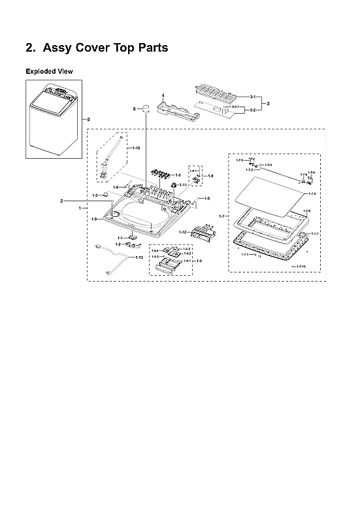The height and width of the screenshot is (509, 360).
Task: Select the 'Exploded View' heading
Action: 49,71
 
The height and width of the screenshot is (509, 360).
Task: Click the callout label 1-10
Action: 135,148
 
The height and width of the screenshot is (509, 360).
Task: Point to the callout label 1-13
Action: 139,257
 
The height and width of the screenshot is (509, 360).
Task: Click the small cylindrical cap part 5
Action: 147,108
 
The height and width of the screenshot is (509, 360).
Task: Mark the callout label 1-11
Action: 184,186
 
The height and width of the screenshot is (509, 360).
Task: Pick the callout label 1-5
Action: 177,175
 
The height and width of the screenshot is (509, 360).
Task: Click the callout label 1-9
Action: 95,219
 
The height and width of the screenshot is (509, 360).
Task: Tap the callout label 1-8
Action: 210,176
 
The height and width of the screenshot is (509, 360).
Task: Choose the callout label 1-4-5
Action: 155,256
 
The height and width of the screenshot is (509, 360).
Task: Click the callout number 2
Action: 61,200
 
